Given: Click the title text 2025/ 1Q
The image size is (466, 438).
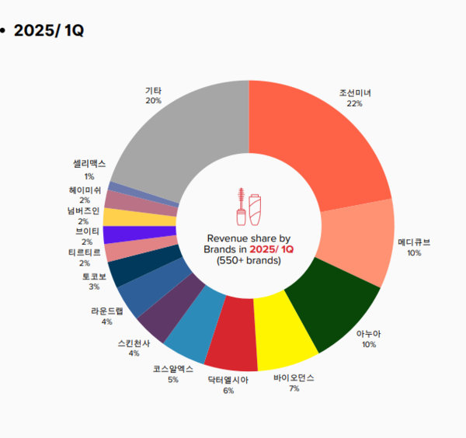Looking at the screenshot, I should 49,30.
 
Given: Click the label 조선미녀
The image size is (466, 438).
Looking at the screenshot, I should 355,93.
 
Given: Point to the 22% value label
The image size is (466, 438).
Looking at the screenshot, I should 355,103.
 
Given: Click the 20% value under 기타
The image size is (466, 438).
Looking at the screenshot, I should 153,101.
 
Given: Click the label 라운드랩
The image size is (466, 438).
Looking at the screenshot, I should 106,311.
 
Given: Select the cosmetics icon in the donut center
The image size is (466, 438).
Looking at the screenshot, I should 249,205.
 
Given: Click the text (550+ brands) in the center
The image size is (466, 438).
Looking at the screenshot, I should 249,260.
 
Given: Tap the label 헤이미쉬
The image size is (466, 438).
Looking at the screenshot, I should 84,189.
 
